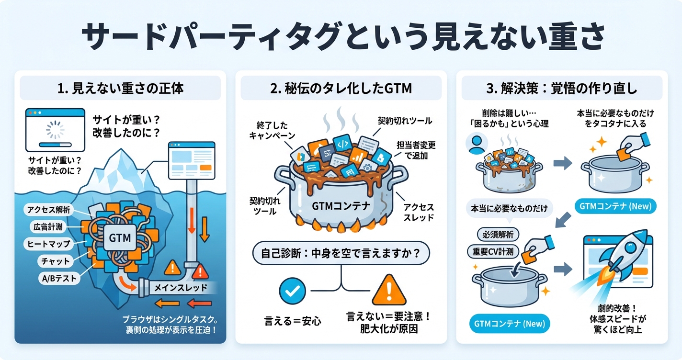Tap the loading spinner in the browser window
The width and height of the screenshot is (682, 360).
[54, 128]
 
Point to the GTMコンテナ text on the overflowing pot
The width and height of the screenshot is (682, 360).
[341, 206]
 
